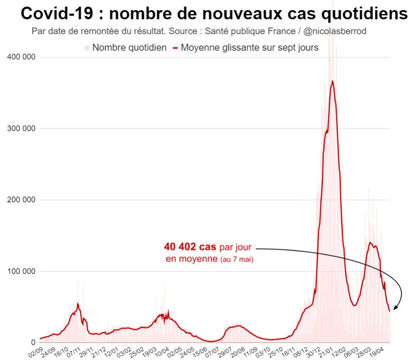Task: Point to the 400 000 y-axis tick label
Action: point(21,57)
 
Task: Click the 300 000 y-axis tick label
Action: point(21,129)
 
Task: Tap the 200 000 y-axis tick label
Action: point(21,200)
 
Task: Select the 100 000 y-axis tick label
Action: point(21,271)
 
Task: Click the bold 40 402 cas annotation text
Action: point(190,247)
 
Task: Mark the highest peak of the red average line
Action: point(332,81)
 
